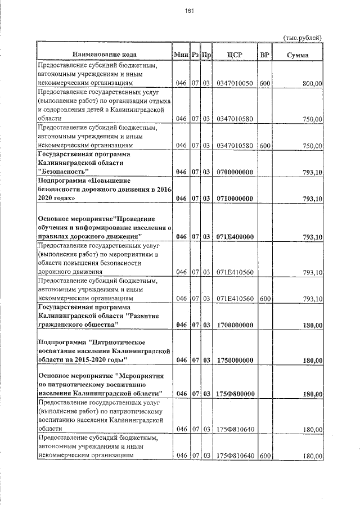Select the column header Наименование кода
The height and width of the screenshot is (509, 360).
[103, 55]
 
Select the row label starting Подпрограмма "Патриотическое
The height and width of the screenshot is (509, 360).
[103, 350]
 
